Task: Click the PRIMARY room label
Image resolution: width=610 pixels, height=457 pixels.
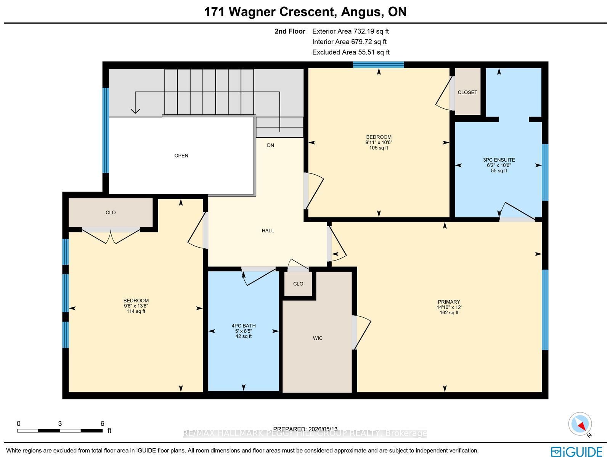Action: coord(449,302)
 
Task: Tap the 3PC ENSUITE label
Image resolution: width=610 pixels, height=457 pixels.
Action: coord(499,160)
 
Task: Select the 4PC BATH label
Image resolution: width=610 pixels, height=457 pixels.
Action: coord(244,326)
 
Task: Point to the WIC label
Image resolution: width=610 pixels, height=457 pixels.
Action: coord(318,338)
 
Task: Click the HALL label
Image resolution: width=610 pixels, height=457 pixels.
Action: coord(268,231)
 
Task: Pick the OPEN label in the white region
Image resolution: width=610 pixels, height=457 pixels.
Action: coord(181,156)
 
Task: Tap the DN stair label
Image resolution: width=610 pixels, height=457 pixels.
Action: coord(270,145)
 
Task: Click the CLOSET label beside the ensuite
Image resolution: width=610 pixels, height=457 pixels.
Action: coord(467,92)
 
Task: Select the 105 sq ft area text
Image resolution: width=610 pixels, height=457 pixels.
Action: coord(379,148)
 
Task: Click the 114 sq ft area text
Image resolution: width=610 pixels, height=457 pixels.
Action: coord(136,311)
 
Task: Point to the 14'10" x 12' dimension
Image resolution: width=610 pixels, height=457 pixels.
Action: coord(449,307)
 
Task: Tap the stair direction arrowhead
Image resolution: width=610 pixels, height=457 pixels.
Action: coord(135,111)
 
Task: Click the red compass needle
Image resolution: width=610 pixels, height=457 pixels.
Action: coord(581,426)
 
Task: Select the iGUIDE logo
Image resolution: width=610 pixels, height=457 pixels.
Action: coord(577,451)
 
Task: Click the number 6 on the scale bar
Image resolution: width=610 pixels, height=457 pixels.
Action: coord(102,424)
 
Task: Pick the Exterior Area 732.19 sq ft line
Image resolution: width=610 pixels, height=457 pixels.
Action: coord(350,31)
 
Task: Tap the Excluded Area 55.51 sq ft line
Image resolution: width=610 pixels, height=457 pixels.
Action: coord(351,52)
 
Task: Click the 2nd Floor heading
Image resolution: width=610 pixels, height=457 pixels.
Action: coord(290,31)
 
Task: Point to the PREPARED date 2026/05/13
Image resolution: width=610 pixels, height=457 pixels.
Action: coord(305,429)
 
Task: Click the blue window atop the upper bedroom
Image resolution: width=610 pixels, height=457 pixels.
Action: coord(378,65)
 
